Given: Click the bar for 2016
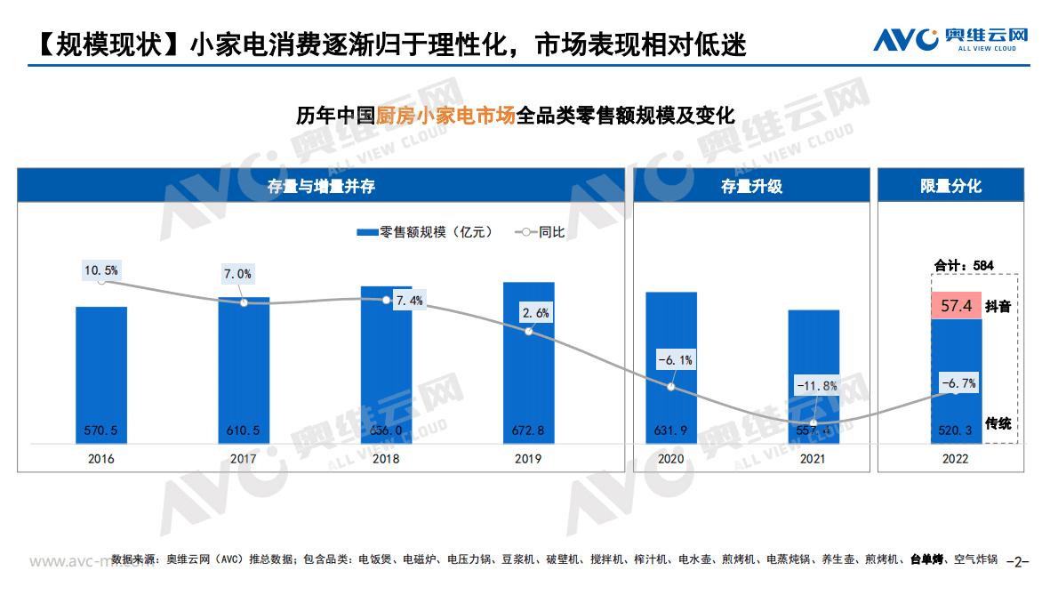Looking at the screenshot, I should point(100,374).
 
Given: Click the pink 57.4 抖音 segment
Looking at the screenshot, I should point(956,305).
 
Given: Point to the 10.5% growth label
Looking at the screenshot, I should point(101,269).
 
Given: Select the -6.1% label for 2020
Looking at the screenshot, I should point(674,360).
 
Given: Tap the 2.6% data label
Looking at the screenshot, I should point(537,312).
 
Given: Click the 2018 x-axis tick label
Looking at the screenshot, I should point(386,459).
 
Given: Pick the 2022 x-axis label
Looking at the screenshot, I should point(955,459).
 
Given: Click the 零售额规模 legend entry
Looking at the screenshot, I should point(422,232).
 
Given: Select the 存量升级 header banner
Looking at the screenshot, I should point(751,186).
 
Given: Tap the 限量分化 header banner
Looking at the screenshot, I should point(950,186).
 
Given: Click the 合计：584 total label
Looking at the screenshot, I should point(964,265).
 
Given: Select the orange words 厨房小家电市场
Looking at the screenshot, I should point(445,116).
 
